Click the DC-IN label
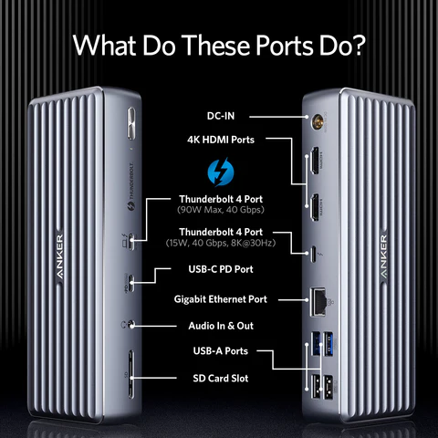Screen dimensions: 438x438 (221, 116)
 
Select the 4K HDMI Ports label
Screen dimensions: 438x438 (221, 140)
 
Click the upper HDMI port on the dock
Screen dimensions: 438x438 (315, 161)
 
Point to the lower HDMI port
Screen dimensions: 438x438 (315, 207)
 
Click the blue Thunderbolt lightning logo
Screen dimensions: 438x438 (221, 172)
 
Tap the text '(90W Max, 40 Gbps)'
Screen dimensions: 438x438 (221, 210)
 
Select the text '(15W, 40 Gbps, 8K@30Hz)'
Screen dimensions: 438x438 (221, 243)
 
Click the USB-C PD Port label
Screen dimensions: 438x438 (221, 269)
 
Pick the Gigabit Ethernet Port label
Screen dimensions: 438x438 (221, 299)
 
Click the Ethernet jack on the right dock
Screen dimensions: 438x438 (318, 302)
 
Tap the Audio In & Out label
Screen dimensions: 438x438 (221, 326)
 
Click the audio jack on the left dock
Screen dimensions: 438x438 (131, 325)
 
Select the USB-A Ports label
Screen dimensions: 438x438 (221, 351)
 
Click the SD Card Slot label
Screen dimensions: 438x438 (221, 378)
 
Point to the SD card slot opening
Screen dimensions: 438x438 (130, 374)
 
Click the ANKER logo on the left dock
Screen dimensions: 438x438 (59, 256)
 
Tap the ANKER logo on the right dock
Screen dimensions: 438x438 (383, 256)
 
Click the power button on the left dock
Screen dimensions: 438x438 (131, 123)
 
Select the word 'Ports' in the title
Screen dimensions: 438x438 (285, 46)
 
